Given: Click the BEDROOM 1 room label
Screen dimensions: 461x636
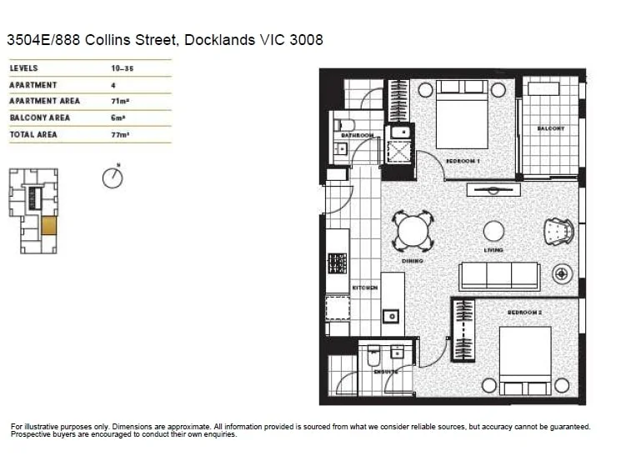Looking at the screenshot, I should coord(463,160).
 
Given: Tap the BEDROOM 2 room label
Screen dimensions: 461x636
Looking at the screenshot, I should coord(525,312).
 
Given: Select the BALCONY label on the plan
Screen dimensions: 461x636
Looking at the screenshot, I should coord(550,128).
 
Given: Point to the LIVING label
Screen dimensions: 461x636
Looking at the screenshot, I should coord(493,250).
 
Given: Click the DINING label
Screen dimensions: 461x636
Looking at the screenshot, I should coord(413,261).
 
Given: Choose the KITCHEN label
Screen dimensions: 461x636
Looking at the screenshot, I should coord(364,288).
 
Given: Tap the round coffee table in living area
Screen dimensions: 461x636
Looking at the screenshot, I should coord(494,231).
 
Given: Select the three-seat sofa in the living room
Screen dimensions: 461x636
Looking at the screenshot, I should coord(499,275).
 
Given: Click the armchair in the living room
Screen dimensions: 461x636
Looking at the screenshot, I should coord(558,231).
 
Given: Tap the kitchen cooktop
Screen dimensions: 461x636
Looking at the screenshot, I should coord(337,263).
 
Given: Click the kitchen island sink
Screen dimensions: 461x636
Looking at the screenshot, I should coord(390,316).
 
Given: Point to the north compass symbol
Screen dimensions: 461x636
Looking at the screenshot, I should coord(113,178).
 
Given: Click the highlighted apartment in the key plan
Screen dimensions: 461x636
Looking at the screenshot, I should coord(49,226).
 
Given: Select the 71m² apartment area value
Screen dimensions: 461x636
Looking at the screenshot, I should coord(118,101).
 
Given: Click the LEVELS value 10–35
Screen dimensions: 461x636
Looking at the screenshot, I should coord(122,68).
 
